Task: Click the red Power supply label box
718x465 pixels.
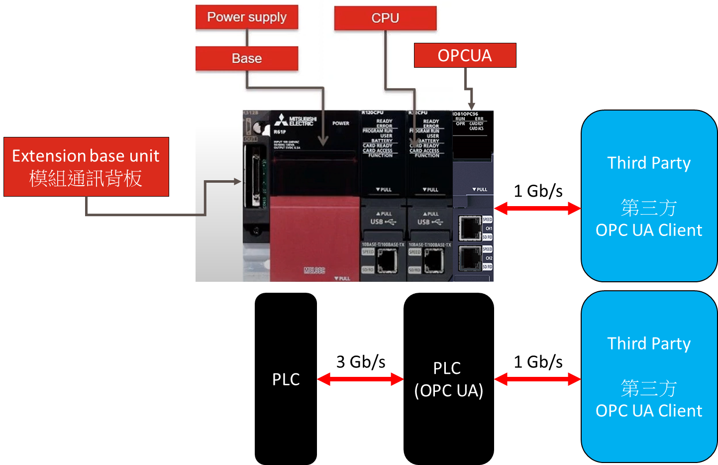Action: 247,17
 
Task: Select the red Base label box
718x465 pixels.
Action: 247,58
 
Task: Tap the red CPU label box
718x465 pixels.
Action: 385,18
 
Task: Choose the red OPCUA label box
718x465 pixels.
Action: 465,55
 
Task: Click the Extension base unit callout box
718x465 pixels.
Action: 86,167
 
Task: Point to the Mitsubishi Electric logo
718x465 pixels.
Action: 295,121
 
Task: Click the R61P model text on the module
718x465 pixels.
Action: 280,132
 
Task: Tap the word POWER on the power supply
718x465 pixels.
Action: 341,123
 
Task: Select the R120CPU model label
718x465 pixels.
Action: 372,113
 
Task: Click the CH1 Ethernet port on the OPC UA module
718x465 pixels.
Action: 469,228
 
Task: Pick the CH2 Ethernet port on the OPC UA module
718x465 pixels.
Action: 469,258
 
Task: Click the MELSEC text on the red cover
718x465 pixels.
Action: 314,270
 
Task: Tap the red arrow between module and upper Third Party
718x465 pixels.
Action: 537,208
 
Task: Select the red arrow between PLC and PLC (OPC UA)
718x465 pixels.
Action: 360,379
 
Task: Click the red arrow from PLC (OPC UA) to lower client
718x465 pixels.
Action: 537,379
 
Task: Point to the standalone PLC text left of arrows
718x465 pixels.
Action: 286,379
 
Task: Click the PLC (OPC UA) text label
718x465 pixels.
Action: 448,379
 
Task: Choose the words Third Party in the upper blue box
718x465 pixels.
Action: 649,163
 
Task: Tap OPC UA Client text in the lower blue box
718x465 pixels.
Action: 649,411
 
